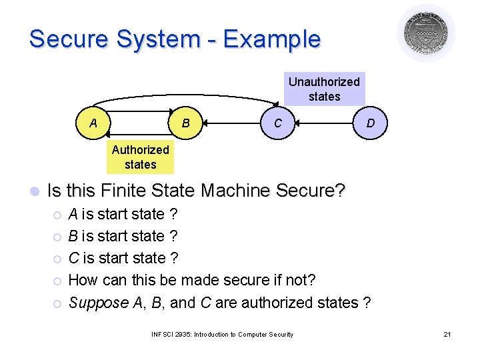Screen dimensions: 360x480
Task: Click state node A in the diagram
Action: [x=93, y=123]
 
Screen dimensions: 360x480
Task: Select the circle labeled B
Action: [x=186, y=123]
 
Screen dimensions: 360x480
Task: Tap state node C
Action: [x=277, y=123]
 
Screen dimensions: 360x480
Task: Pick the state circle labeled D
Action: [x=369, y=123]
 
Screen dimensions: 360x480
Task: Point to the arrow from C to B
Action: [x=231, y=123]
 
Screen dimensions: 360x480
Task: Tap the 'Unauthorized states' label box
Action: [x=324, y=89]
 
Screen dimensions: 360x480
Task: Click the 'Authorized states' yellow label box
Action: [x=140, y=157]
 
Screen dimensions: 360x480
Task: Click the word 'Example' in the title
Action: [x=272, y=39]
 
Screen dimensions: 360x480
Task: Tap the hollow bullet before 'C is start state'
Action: [x=57, y=259]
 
